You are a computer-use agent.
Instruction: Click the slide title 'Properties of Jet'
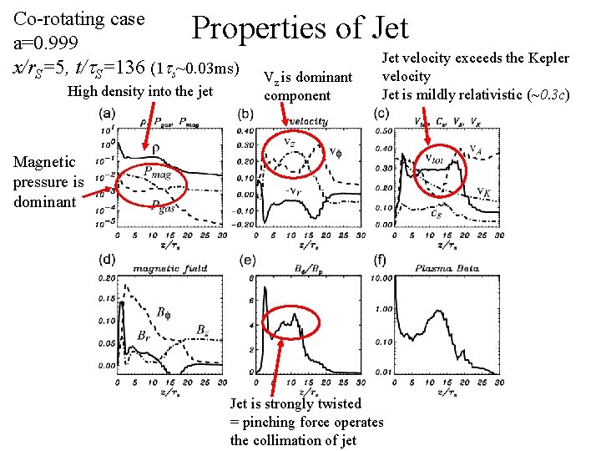coord(300,28)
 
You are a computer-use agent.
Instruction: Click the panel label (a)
coord(108,113)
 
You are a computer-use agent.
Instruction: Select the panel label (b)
coord(246,113)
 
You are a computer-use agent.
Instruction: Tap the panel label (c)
coord(381,113)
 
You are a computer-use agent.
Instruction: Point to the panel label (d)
coord(107,261)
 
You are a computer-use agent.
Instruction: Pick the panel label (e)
coord(246,261)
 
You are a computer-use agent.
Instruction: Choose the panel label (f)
coord(381,261)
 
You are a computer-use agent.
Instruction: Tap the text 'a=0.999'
coord(45,43)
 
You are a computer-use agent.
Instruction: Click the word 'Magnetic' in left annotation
coord(44,162)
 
